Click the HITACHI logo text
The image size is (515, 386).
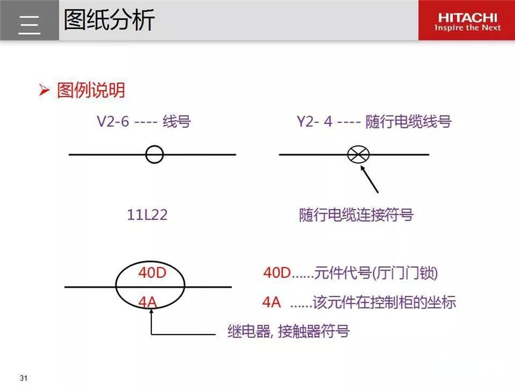click(467, 17)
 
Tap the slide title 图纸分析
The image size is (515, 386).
click(109, 20)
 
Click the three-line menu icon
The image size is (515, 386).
click(29, 24)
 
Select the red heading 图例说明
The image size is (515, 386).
click(91, 90)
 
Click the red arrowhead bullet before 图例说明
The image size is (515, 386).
click(44, 90)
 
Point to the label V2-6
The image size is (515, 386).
click(113, 121)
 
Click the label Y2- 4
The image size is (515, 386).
click(314, 121)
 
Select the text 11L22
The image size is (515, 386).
click(147, 214)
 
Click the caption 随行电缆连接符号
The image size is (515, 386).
click(356, 215)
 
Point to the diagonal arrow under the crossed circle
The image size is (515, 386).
click(370, 179)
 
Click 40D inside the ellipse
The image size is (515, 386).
click(152, 273)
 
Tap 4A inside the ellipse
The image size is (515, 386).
click(147, 302)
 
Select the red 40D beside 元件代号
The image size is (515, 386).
click(277, 273)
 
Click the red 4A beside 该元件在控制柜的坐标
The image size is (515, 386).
click(271, 302)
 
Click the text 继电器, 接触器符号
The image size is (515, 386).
click(289, 331)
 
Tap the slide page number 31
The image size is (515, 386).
click(23, 378)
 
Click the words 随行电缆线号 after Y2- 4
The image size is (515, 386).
click(409, 121)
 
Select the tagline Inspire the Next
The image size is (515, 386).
click(467, 28)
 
